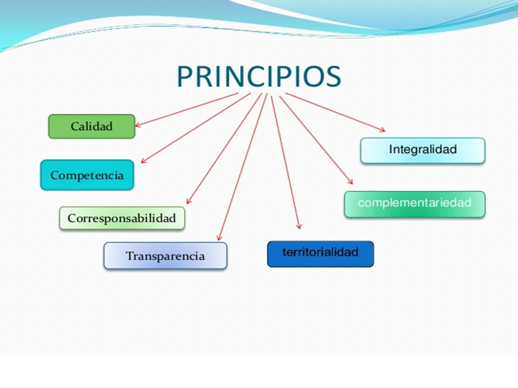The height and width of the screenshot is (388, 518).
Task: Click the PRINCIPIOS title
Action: point(259,77)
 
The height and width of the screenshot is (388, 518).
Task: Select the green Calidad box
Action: point(92,126)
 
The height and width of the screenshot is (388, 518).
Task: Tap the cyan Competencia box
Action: point(87,175)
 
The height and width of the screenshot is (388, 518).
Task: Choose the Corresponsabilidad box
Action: point(122,218)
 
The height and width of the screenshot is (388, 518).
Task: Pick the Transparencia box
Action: point(165,255)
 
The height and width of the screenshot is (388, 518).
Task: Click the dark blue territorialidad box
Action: point(321,254)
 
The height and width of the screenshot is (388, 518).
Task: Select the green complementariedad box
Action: point(414,204)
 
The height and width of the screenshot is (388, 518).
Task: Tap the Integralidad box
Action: point(423,150)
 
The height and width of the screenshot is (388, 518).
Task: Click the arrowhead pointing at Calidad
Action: point(138,124)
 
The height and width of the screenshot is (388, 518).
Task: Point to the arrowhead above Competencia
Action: point(144,160)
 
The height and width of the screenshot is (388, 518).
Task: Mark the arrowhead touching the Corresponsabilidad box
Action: point(189,201)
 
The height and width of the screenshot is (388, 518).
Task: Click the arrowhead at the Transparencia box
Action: point(220,238)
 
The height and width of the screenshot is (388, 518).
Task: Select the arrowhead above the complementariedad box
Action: point(350,181)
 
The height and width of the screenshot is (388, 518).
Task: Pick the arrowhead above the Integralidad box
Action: point(382,130)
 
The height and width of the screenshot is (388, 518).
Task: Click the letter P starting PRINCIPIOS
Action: point(185,77)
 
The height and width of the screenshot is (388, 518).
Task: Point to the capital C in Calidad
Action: point(74,126)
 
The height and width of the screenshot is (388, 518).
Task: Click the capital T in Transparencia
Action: point(130,255)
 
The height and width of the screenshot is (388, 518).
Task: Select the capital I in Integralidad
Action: point(391,149)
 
